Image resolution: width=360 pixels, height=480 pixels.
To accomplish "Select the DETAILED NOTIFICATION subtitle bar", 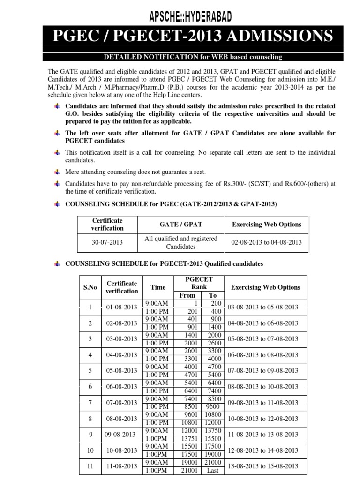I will (x=193, y=57).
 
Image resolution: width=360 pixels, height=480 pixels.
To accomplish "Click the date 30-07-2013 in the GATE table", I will (x=108, y=242).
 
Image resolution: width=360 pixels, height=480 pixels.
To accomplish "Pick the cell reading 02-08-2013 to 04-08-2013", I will (x=266, y=242).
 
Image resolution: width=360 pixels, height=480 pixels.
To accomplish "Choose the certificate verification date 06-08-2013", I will (x=122, y=387).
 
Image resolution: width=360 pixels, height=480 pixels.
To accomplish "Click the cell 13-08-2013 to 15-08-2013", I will (x=262, y=466).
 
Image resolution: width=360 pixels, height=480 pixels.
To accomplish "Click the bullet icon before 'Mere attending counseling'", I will (x=57, y=172).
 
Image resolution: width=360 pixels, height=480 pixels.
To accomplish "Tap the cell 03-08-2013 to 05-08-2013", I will (x=262, y=307).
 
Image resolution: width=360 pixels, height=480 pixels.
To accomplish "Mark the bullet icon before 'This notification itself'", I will (x=57, y=152).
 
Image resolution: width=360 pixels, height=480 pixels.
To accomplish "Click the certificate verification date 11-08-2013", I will (x=122, y=466).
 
